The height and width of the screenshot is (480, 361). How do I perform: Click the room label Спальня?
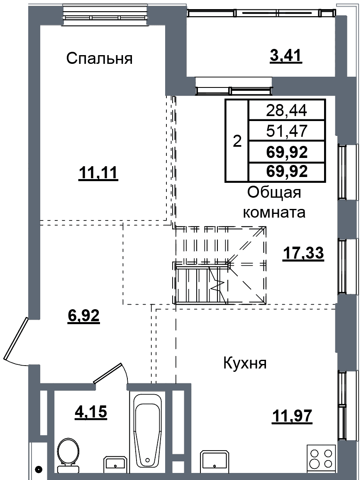(x=99, y=58)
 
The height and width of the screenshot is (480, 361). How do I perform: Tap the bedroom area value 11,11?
(x=98, y=173)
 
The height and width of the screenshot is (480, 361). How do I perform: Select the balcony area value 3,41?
(x=286, y=56)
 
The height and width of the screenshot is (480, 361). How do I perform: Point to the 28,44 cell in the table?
(x=287, y=110)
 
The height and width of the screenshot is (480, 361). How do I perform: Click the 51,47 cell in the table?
(x=287, y=131)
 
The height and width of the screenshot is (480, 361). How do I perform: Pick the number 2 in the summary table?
(x=237, y=141)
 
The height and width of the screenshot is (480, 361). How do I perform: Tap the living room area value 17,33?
(x=303, y=253)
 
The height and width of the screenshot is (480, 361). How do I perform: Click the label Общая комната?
(x=274, y=202)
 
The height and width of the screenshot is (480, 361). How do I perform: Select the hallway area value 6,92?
(x=83, y=315)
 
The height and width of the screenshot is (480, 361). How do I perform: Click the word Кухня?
(x=245, y=364)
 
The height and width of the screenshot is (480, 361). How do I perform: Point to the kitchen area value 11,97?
(x=292, y=416)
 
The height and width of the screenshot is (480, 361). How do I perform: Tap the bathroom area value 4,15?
(x=91, y=412)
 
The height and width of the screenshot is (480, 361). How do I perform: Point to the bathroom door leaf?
(x=108, y=373)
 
